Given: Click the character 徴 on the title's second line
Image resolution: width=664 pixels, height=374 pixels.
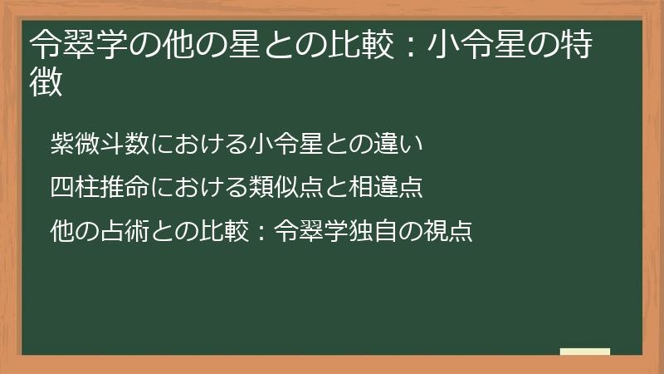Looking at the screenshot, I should coord(46,84).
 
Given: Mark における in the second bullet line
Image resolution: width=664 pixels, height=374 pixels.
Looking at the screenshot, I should coord(198,187).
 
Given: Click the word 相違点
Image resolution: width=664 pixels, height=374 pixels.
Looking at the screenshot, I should coord(387,187).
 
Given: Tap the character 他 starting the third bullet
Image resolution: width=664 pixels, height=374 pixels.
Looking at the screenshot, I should coord(61,229).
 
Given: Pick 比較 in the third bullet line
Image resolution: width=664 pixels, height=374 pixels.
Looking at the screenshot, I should coord(223,229).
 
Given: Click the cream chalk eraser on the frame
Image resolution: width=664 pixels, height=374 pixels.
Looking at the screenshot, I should coord(584,352).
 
